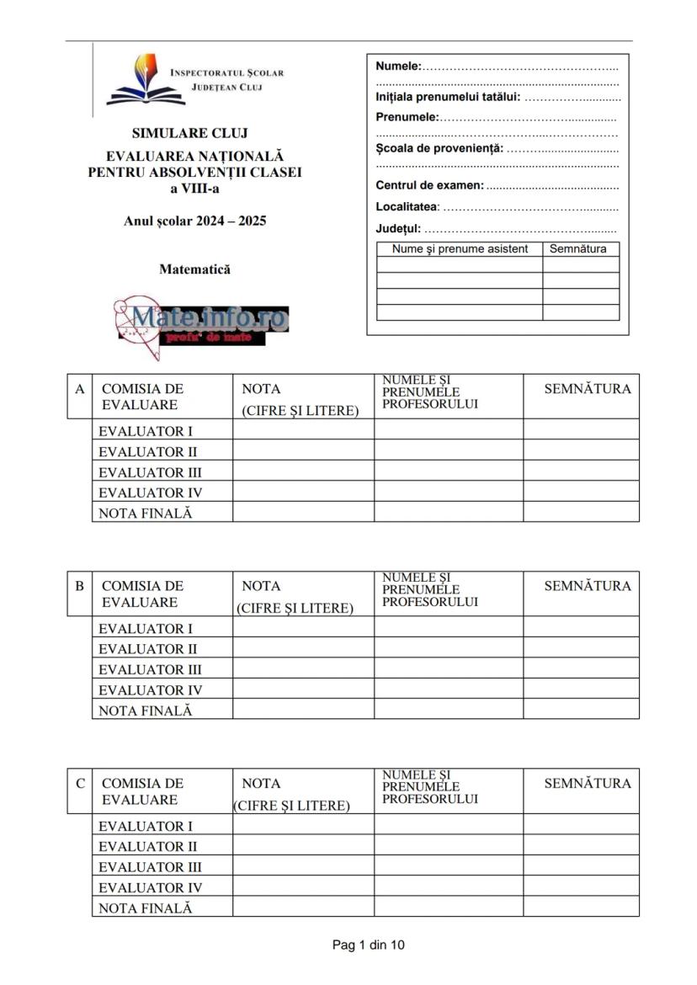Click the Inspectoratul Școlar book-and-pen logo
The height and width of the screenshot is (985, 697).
tap(135, 80)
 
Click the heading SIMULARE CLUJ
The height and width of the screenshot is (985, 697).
tap(189, 133)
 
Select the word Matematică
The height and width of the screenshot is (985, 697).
tap(194, 270)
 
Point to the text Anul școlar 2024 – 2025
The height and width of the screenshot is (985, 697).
tap(194, 222)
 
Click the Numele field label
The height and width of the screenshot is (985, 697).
tap(398, 66)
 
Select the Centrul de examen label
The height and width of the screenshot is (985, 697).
tap(429, 185)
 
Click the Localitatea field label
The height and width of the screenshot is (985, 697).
tap(407, 206)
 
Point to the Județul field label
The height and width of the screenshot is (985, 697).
tap(398, 228)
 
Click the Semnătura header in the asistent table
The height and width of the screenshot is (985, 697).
tap(578, 249)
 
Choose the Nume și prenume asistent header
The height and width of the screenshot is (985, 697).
tap(460, 249)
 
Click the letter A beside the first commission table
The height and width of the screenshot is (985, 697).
tap(80, 389)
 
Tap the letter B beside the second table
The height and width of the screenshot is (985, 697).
tap(80, 586)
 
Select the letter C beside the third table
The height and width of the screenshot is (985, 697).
tap(80, 783)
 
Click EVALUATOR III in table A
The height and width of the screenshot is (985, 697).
tap(150, 472)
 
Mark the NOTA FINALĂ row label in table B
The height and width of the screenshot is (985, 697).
tap(146, 711)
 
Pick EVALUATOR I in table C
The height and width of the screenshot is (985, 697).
tap(146, 827)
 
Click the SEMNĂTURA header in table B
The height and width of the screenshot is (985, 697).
tap(587, 586)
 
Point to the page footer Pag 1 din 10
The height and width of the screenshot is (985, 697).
tap(369, 945)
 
